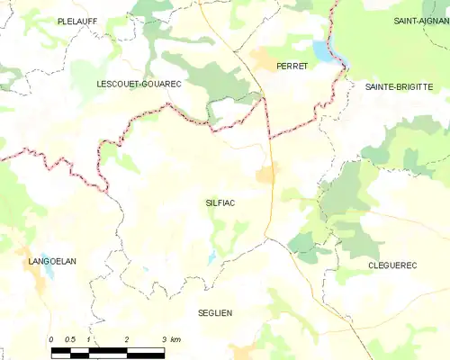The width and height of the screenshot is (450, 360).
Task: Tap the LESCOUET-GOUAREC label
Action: point(139,84)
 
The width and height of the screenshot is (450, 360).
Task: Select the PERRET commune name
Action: point(292,67)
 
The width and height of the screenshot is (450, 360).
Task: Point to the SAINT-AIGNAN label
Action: point(421,20)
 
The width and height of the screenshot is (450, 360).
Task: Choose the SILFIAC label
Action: point(220,203)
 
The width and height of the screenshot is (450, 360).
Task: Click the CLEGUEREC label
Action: point(393,265)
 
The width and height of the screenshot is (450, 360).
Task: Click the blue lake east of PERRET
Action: point(325,50)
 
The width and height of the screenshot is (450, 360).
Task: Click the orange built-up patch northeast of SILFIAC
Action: point(266,174)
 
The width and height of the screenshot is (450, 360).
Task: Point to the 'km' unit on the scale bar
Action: point(175,339)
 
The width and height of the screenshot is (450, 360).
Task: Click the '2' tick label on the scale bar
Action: point(127,339)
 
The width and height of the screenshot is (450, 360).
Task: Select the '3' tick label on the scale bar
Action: point(165,339)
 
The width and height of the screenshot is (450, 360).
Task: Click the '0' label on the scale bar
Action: point(51,339)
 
